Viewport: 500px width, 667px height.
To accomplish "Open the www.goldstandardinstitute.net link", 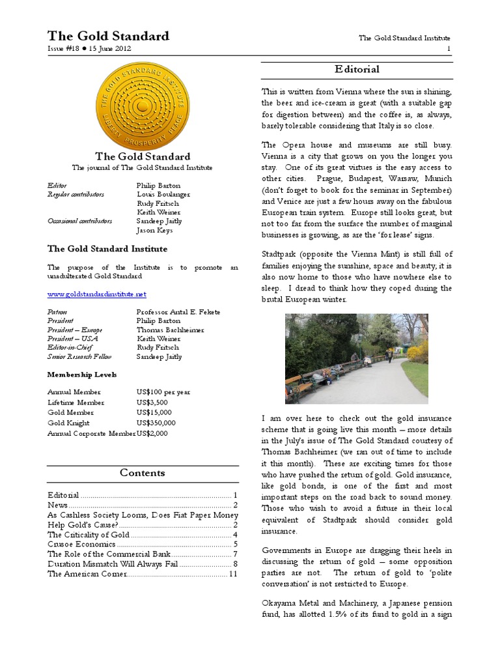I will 97,294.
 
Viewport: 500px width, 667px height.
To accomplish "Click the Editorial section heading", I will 357,69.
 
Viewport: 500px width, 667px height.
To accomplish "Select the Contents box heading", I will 143,473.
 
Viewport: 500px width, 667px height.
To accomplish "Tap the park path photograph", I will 357,358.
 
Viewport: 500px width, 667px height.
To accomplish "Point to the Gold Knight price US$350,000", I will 156,423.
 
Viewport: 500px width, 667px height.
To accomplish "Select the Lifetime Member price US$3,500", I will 152,403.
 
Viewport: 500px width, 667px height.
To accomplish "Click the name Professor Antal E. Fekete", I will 178,312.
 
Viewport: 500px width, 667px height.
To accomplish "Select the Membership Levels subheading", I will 82,375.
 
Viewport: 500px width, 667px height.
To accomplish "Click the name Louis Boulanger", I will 163,194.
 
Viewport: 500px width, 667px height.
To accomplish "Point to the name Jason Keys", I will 154,230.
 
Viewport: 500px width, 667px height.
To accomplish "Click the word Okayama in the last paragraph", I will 281,603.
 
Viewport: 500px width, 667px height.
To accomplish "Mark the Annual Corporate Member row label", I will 91,433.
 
